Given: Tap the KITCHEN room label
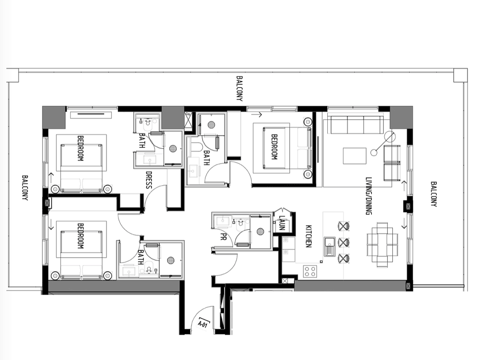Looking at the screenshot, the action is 308,236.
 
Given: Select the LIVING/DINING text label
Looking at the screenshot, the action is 369,196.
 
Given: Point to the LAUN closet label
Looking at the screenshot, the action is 281,223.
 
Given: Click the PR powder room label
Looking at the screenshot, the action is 223,236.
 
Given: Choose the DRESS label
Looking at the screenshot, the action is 149,180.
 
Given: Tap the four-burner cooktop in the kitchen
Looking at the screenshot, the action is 310,271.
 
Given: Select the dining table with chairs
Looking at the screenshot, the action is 382,245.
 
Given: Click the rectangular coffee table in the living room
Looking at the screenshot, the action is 354,156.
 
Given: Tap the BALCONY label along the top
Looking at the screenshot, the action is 240,88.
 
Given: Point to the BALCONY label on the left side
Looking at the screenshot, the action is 25,188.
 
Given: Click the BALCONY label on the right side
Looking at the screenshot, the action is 434,194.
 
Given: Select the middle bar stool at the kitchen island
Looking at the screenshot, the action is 343,242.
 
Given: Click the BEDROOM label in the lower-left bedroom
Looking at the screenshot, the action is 80,236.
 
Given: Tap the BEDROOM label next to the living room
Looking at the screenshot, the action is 274,147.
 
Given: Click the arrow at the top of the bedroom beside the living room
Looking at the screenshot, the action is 256,114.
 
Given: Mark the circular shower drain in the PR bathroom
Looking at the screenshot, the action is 260,231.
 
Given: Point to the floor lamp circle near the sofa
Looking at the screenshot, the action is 390,137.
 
